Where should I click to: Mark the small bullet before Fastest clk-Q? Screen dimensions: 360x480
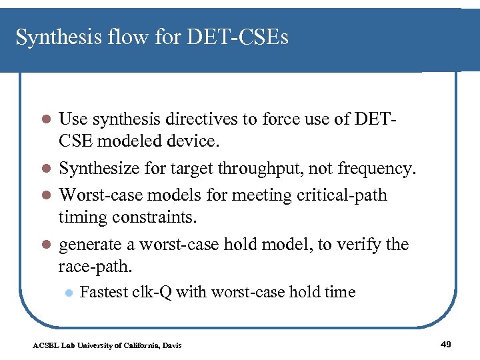coord(67,292)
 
